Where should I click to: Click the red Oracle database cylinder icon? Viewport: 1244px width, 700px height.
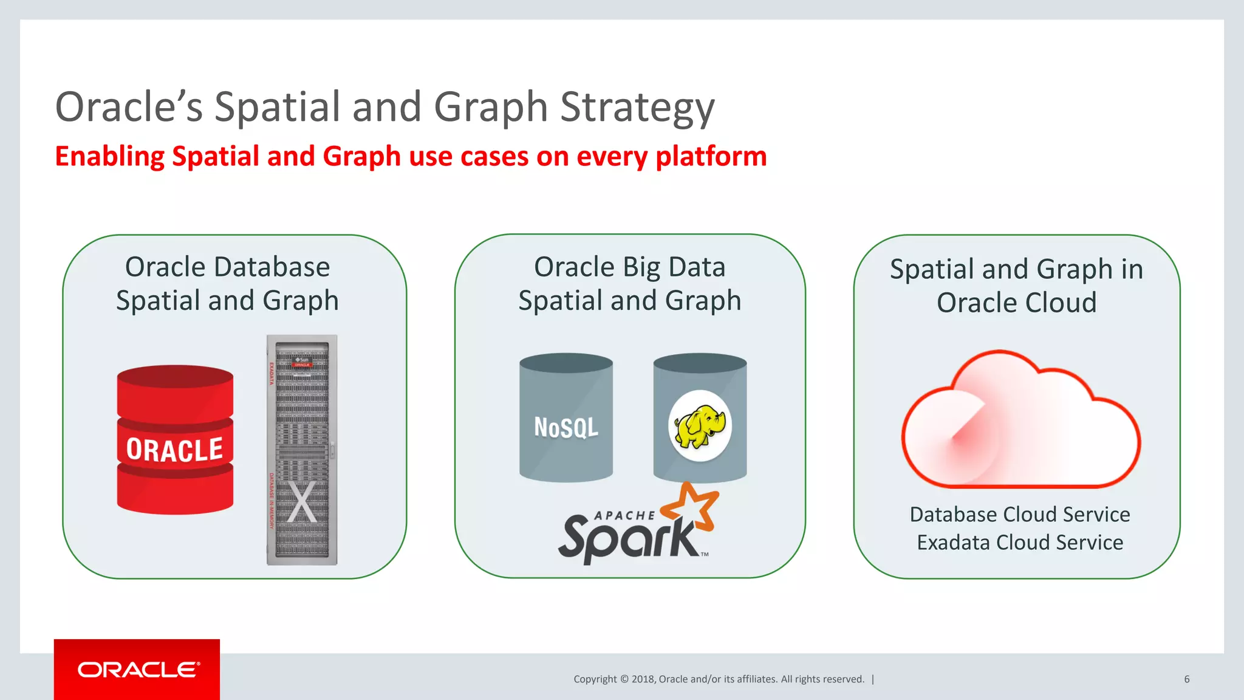click(x=175, y=440)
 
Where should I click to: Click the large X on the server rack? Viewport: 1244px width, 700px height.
click(x=302, y=502)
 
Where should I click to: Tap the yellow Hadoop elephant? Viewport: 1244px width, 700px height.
click(x=700, y=425)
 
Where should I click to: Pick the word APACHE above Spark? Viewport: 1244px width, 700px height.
click(x=624, y=516)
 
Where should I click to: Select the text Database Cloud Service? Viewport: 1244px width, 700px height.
click(x=1020, y=515)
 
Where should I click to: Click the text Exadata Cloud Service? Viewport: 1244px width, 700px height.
click(x=1020, y=543)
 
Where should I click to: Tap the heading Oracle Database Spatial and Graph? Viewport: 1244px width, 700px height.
click(x=227, y=284)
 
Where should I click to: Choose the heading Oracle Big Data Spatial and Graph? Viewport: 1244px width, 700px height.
click(x=630, y=284)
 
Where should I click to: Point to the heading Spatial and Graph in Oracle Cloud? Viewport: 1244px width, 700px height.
click(x=1016, y=286)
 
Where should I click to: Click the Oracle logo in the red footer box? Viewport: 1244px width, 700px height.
click(x=138, y=670)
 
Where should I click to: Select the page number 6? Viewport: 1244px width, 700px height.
click(x=1186, y=679)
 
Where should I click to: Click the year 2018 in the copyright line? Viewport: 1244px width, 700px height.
click(x=643, y=679)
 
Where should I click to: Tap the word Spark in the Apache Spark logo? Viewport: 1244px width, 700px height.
click(x=629, y=537)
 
